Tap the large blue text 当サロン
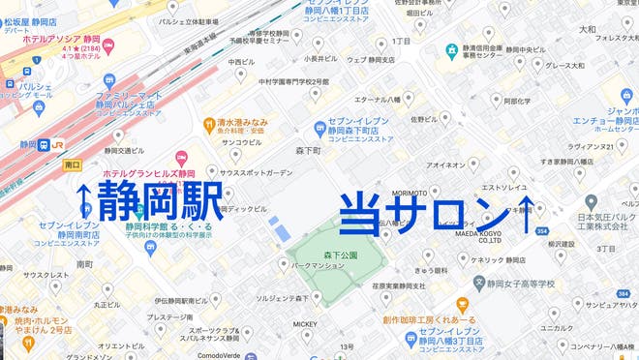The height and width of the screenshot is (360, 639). point(423,211)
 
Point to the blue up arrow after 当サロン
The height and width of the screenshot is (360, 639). point(527,211)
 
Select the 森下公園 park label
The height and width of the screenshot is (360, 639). point(340,255)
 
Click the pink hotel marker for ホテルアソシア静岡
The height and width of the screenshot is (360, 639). point(109,45)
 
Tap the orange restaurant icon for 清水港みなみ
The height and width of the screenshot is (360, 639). point(208,124)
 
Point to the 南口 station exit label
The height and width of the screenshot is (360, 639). point(72,165)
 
